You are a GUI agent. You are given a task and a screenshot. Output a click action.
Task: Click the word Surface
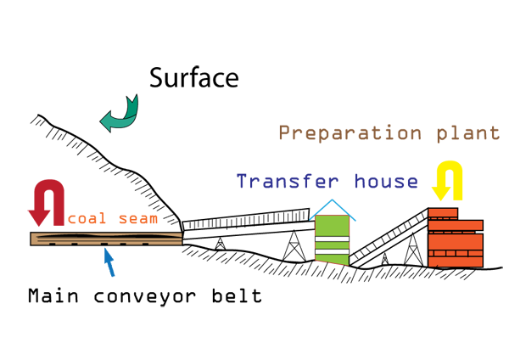click(x=193, y=79)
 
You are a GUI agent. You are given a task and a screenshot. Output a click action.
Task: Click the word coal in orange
click(x=87, y=219)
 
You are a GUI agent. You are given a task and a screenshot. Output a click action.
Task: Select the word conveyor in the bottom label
click(x=151, y=296)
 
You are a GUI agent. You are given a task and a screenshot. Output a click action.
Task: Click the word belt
click(x=241, y=296)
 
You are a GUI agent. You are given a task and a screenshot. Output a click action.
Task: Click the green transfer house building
click(x=332, y=239)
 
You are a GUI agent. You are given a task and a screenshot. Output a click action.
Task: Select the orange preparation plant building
click(x=456, y=239)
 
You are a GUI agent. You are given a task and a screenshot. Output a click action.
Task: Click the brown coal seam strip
click(x=106, y=239)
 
